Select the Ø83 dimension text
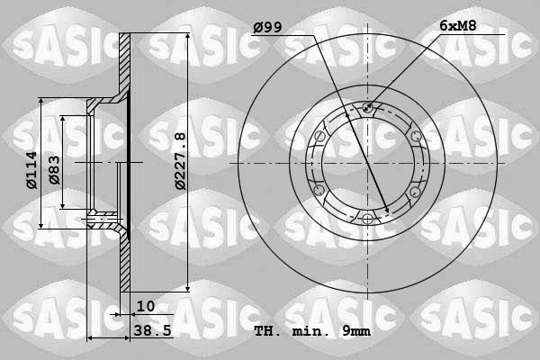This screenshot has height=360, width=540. [x=54, y=168]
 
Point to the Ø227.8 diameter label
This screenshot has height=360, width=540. [x=180, y=160]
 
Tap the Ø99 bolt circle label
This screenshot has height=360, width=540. [x=267, y=28]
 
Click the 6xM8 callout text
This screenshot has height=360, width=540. [x=459, y=28]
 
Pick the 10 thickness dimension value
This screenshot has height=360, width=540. [x=146, y=307]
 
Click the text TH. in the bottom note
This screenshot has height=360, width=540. [x=267, y=331]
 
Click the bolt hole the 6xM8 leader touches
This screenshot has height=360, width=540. [x=367, y=109]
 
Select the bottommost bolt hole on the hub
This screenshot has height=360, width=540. [x=367, y=219]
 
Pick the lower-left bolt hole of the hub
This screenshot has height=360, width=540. [x=319, y=191]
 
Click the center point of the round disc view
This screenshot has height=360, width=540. [x=367, y=164]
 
